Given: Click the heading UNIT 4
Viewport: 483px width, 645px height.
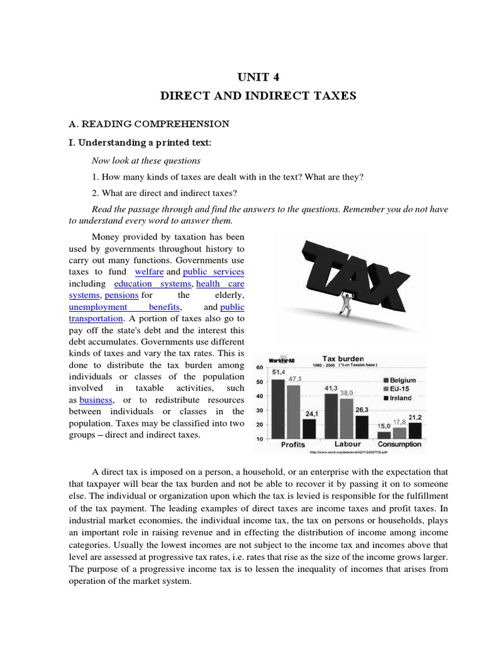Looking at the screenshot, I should [x=258, y=77].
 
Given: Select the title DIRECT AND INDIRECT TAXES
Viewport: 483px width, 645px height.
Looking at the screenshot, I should [x=258, y=96].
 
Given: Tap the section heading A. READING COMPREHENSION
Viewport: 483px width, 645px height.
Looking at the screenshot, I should [x=148, y=124].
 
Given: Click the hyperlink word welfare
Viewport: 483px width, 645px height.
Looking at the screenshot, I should [x=149, y=271].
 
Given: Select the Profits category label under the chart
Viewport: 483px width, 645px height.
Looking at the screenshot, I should [x=292, y=445].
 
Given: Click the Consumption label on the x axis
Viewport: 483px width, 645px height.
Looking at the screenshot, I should [x=400, y=445].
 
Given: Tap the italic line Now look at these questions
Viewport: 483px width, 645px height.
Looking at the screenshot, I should [x=146, y=161].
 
